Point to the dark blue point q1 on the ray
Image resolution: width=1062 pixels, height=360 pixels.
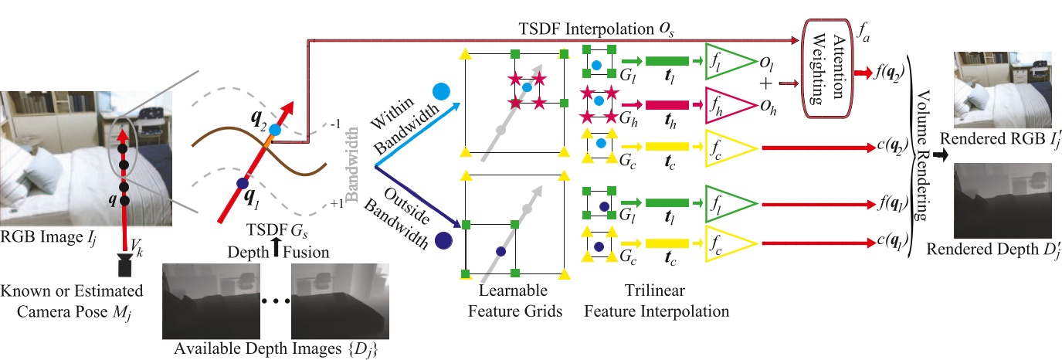click(242, 184)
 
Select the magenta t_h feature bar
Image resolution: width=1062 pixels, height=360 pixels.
click(667, 105)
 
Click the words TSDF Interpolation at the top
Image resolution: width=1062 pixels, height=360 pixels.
click(582, 29)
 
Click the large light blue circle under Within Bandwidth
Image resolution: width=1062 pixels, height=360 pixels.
click(442, 90)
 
